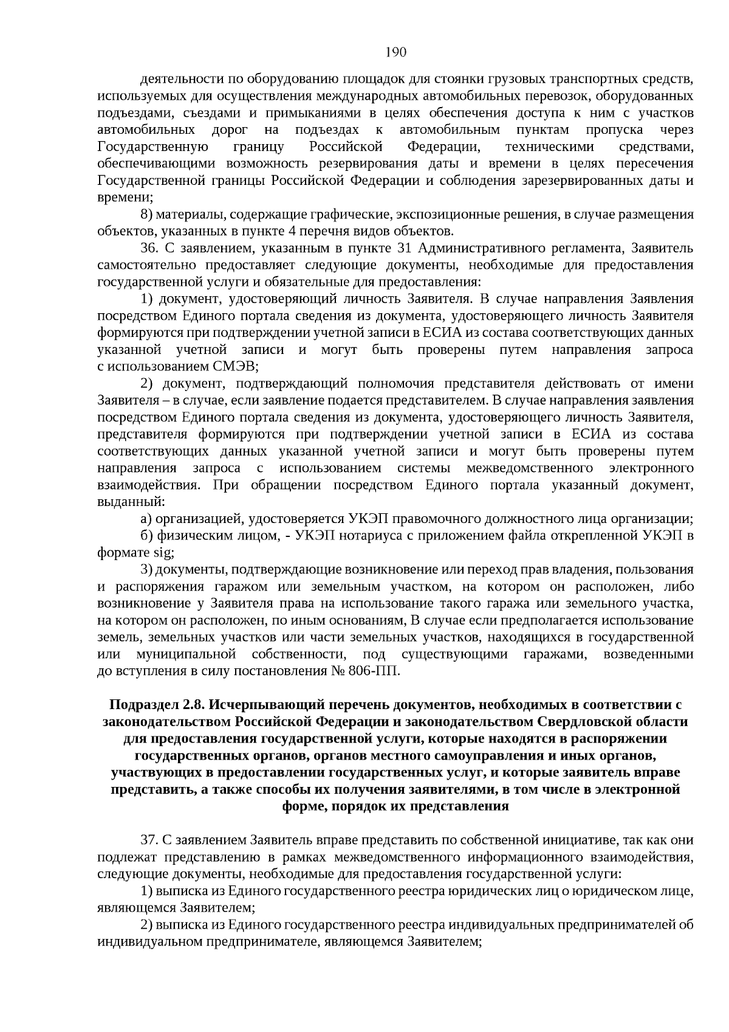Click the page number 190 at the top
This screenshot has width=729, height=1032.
[395, 52]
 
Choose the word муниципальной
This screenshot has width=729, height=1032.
[186, 654]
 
